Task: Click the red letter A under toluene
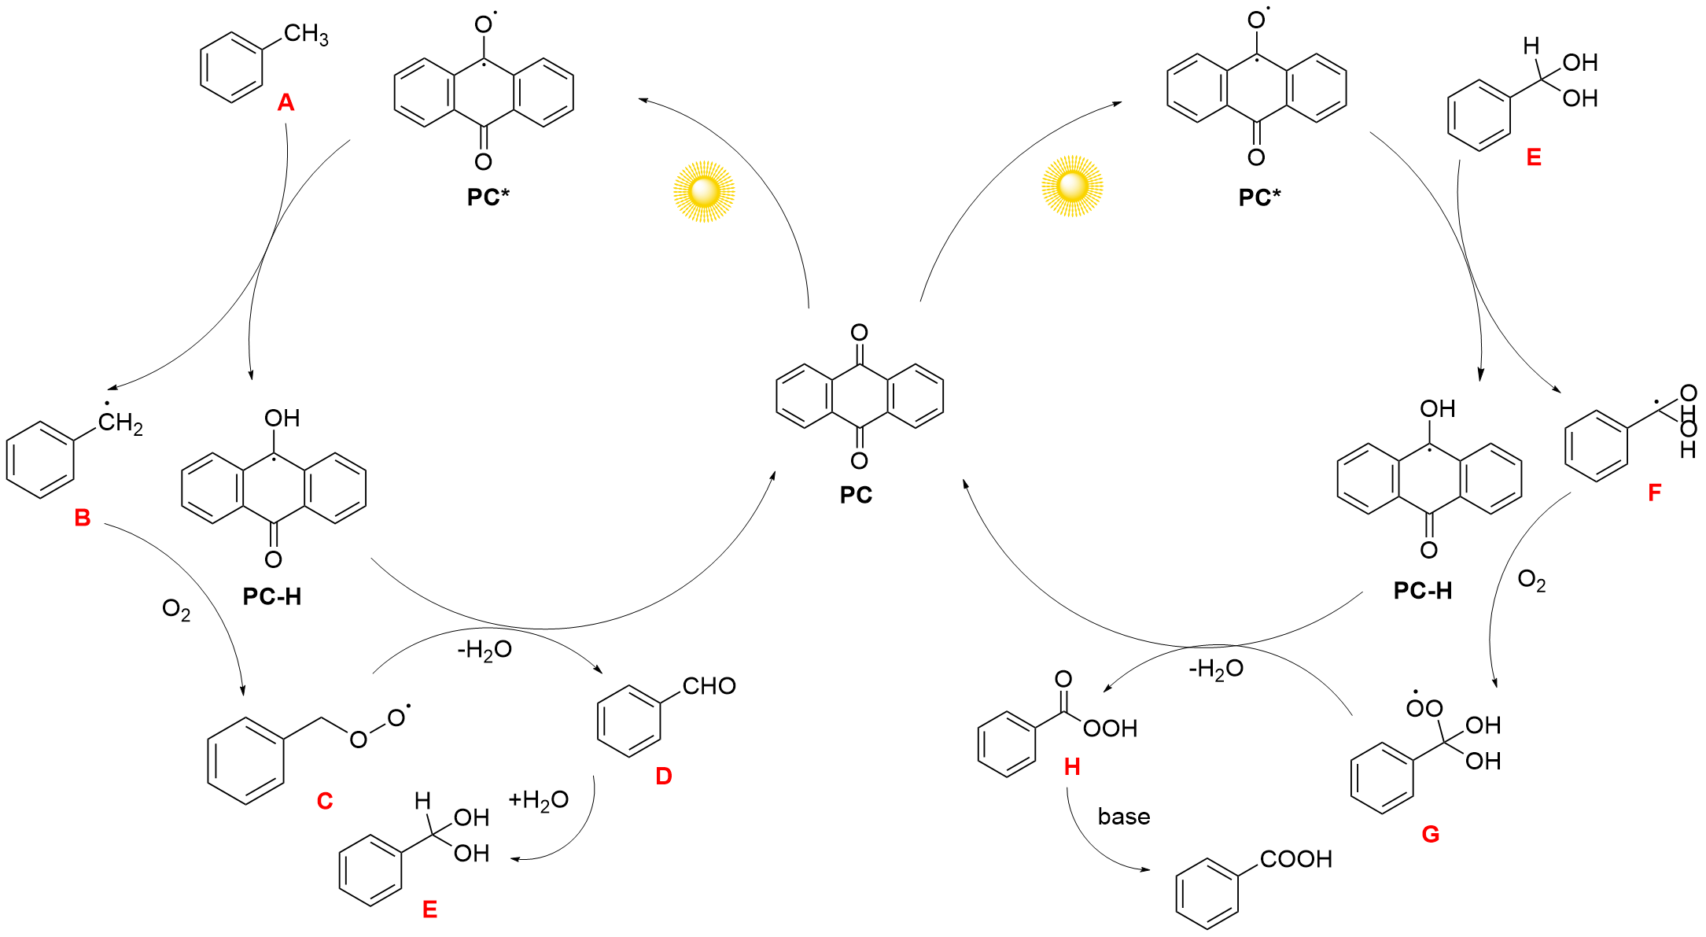[x=286, y=102]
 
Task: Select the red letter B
[x=83, y=518]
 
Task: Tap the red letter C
[x=325, y=801]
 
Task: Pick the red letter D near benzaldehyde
[x=664, y=777]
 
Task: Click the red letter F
[x=1655, y=492]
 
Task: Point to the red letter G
[x=1431, y=834]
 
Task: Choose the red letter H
[x=1072, y=767]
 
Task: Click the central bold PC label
[x=856, y=495]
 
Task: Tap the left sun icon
[x=704, y=191]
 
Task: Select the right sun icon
[x=1072, y=186]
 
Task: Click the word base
[x=1124, y=817]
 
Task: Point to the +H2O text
[x=539, y=801]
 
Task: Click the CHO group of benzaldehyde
[x=709, y=686]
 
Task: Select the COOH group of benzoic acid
[x=1296, y=859]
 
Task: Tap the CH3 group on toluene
[x=306, y=35]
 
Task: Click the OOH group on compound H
[x=1111, y=729]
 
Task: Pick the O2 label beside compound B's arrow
[x=176, y=610]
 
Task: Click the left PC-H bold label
[x=272, y=597]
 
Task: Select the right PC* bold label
[x=1259, y=197]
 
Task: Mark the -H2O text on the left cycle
[x=485, y=651]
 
